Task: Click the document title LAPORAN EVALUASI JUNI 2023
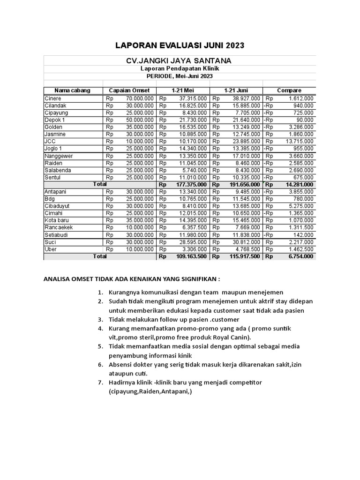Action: [x=180, y=45]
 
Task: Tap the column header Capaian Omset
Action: [x=129, y=90]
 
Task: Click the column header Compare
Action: [x=289, y=90]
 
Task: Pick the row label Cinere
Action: [x=53, y=99]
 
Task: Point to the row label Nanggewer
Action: [x=59, y=156]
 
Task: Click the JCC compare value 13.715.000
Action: [x=300, y=142]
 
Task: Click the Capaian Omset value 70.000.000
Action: [x=139, y=99]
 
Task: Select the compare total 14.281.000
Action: [x=299, y=185]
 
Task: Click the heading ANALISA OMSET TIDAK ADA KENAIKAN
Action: [x=131, y=279]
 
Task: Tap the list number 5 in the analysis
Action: [x=100, y=346]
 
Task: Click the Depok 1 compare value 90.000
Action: [x=305, y=120]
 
